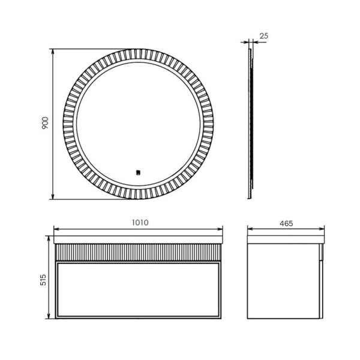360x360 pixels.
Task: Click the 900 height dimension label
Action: pyautogui.click(x=45, y=124)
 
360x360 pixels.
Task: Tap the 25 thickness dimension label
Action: pyautogui.click(x=264, y=36)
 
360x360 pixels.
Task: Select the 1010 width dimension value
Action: pyautogui.click(x=140, y=222)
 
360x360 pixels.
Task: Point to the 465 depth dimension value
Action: pyautogui.click(x=286, y=223)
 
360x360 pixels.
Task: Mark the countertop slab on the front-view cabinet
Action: pyautogui.click(x=138, y=239)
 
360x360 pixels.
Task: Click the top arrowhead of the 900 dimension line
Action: pyautogui.click(x=53, y=51)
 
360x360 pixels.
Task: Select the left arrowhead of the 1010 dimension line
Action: pyautogui.click(x=56, y=228)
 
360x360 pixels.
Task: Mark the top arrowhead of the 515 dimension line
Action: pyautogui.click(x=49, y=238)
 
